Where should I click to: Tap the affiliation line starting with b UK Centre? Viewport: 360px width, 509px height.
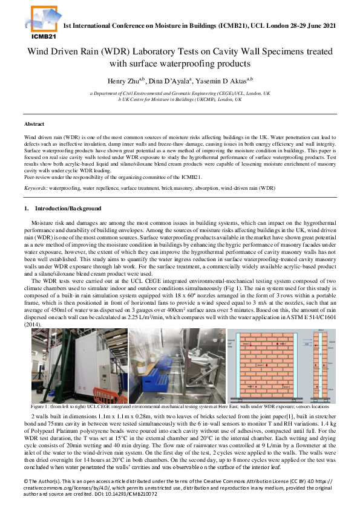180,99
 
